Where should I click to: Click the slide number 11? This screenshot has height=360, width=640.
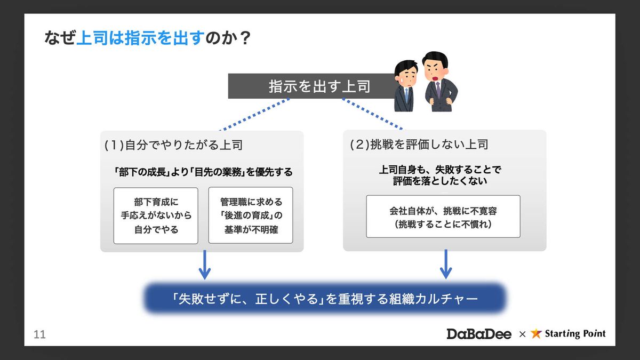39,334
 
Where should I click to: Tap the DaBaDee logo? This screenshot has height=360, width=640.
479,334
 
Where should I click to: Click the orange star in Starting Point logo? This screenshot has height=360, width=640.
536,333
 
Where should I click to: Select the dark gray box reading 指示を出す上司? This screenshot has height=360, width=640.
312,86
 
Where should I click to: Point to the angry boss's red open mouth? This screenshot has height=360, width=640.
435,78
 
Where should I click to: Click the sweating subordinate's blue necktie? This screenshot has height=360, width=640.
406,94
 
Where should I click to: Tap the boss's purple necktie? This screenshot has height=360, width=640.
438,90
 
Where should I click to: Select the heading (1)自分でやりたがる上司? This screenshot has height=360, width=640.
173,145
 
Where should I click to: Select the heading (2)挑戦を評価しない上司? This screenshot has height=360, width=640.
419,145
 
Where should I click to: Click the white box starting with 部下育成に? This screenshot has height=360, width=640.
156,215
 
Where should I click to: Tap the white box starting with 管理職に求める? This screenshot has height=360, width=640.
251,215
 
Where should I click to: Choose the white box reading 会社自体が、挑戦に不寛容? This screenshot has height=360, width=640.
443,217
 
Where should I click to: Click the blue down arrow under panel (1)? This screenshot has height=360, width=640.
205,265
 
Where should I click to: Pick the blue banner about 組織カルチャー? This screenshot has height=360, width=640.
325,299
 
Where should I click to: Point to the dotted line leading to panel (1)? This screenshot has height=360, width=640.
254,115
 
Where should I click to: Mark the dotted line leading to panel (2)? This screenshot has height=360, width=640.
373,114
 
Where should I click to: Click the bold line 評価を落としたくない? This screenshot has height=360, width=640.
440,181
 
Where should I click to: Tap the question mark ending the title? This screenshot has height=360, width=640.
245,38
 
